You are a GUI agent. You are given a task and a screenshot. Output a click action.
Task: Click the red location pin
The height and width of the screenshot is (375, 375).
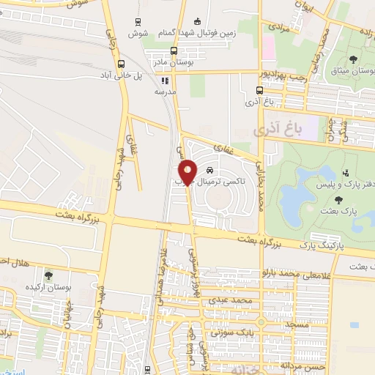[187, 171]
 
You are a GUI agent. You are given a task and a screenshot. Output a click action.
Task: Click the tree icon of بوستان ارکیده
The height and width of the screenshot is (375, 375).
[48, 276]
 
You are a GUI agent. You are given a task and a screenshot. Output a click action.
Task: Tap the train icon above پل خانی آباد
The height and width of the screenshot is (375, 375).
[122, 64]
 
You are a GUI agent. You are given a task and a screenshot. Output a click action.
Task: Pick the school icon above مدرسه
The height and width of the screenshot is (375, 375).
[165, 81]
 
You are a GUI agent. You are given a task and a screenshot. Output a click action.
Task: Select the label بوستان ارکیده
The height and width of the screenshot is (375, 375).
[48, 288]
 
